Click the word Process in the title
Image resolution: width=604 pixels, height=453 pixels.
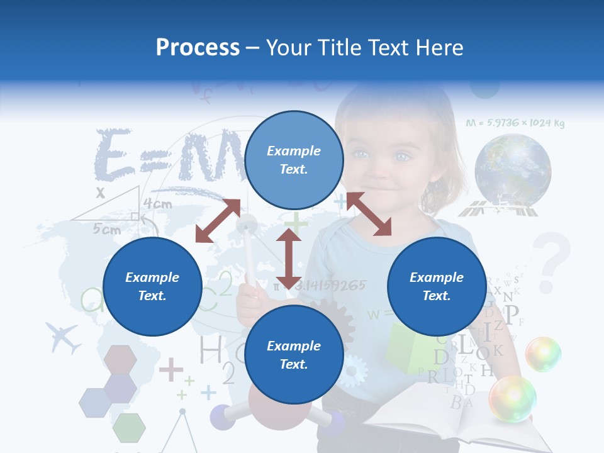coord(198,48)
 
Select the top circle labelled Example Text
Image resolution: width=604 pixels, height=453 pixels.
coord(294,160)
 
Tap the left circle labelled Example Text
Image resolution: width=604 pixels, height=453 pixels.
coord(152,286)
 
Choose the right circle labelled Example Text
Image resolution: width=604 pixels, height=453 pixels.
coord(436,286)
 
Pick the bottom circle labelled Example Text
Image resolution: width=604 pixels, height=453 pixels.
coord(294,355)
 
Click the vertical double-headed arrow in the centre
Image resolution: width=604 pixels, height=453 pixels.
coord(289,258)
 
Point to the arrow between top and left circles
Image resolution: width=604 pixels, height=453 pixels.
coord(218,221)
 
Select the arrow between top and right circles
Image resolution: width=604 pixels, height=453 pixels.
coord(369,214)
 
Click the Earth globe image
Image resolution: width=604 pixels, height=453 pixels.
coord(513,170)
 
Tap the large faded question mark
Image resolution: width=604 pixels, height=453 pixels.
coord(553,261)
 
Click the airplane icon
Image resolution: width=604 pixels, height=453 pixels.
coord(64,338)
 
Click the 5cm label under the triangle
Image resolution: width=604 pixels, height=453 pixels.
coord(107,230)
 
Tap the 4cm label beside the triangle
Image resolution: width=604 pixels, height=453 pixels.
coord(157,204)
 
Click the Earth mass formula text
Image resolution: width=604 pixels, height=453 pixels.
coord(515,123)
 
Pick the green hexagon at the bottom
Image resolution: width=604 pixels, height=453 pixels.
coord(129,428)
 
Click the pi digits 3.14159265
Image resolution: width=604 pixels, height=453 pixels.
coord(330,286)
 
